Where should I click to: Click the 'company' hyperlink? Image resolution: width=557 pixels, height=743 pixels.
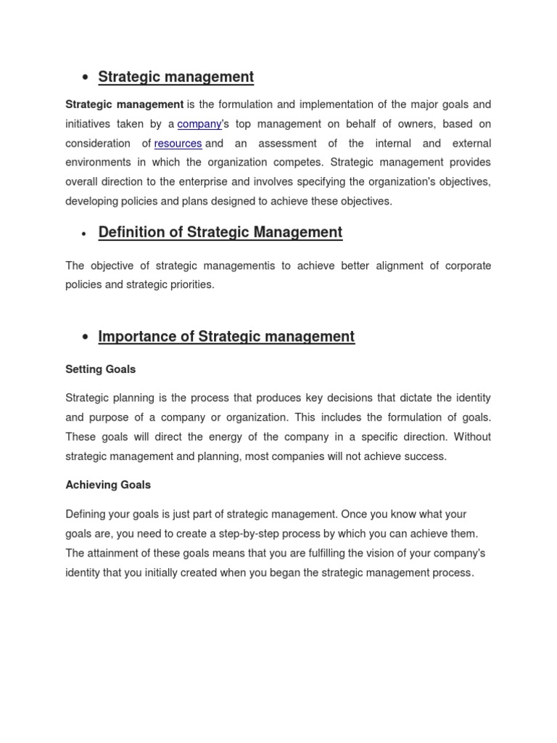[x=199, y=124]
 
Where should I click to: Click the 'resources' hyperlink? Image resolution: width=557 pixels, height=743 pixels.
[x=178, y=144]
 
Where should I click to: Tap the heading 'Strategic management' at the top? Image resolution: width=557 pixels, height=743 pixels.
[x=176, y=77]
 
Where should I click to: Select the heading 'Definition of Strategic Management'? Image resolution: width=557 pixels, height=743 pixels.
[x=220, y=232]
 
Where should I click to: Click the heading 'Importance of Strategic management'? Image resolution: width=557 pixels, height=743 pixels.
[x=226, y=337]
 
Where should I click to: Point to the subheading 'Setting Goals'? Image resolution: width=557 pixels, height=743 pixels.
[x=100, y=369]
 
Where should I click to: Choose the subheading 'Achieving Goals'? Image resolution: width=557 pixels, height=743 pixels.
[x=108, y=485]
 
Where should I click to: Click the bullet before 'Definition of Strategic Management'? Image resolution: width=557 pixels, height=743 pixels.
[x=85, y=234]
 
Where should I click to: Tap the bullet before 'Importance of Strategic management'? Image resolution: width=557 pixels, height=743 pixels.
[x=85, y=337]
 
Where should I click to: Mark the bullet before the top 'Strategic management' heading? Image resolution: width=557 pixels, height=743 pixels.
[x=85, y=78]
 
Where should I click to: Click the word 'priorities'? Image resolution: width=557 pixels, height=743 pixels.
[x=191, y=284]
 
